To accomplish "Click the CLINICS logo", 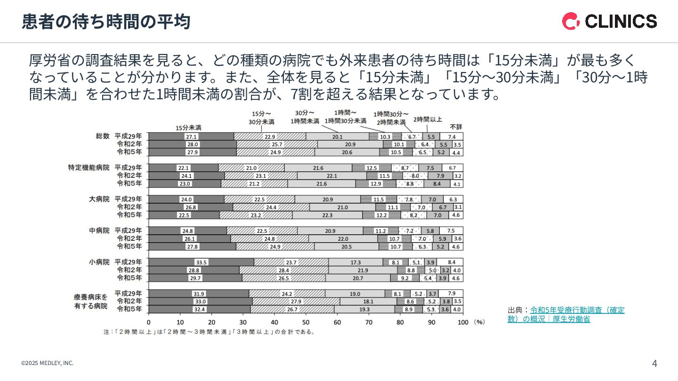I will tap(609, 21).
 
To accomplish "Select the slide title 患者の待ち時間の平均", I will tap(106, 22).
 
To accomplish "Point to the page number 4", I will tap(654, 363).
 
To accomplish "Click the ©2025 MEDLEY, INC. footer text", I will tap(47, 363).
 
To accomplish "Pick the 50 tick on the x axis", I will tap(306, 322).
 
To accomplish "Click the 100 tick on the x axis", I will tap(463, 322).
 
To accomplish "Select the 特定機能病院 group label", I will tap(89, 167).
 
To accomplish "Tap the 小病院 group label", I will tap(99, 262).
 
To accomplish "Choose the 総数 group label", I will tap(102, 136).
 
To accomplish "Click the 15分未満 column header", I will tap(188, 127).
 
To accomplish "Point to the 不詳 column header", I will tap(456, 127).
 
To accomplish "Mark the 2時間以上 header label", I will tap(428, 119).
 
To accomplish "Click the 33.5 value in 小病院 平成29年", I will tap(202, 262).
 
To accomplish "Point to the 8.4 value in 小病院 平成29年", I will tap(451, 262).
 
